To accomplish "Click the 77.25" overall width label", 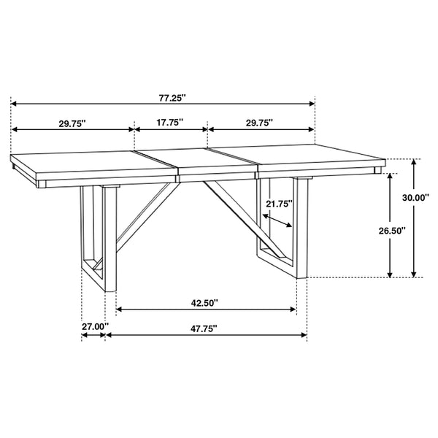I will tap(169, 96).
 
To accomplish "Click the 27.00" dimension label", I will tap(94, 326).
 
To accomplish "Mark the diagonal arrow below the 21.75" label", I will tap(279, 220).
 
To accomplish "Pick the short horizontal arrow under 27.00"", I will tap(94, 336).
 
